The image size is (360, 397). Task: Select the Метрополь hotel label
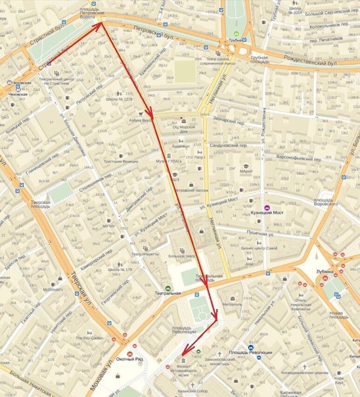[x=232, y=305]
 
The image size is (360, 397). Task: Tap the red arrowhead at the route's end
[x=185, y=354]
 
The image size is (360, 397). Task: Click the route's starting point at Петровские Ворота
[x=102, y=24]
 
